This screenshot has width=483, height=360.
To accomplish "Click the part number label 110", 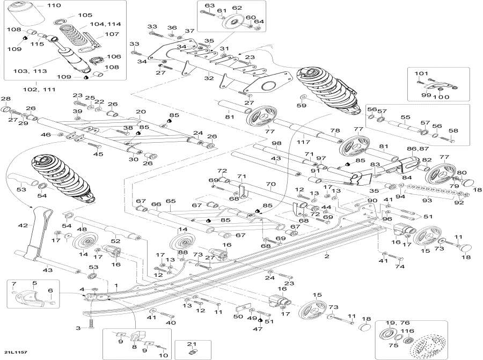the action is point(54,5).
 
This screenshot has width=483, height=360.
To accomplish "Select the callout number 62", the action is point(237,8).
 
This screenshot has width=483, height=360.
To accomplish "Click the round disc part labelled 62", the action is point(234,23).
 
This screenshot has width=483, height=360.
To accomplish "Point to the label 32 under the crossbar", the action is point(209,78).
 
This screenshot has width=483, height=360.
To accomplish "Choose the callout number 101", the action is point(421,74).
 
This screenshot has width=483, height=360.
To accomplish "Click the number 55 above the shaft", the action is point(405,117).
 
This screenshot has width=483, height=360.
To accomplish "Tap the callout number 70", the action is point(271,185).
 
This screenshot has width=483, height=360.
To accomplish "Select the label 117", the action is point(303,142).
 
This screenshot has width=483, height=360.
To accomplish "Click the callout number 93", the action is point(427,200).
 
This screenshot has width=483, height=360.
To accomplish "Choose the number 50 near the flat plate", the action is point(238,317).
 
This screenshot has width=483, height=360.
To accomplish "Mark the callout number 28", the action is point(6,99).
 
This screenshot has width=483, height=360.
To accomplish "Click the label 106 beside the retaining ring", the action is point(114,56).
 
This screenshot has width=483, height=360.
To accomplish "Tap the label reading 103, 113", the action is point(30,71).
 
